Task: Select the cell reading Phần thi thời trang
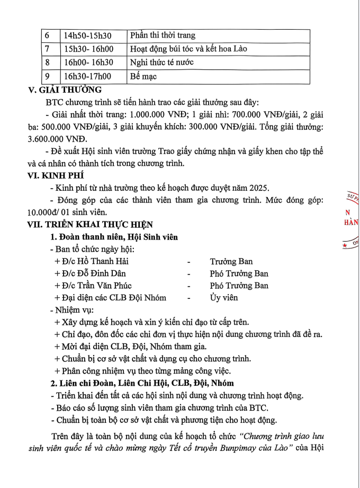(x=163, y=36)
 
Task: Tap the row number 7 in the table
(x=47, y=49)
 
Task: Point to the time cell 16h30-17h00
(x=87, y=76)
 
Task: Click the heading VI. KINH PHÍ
(x=56, y=175)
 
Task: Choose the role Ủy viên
(x=223, y=298)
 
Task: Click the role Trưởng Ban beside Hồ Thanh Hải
(x=231, y=261)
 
